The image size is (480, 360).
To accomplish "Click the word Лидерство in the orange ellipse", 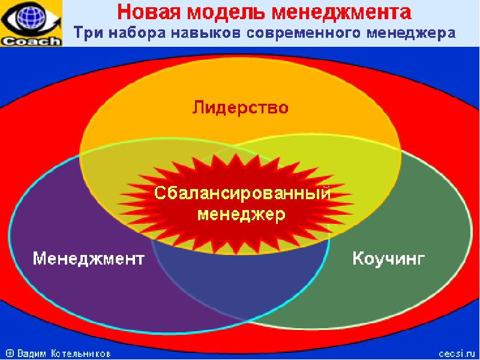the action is point(241,108).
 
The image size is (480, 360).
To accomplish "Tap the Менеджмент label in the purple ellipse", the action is point(88,259).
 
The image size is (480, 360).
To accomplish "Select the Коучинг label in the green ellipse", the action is point(388,259).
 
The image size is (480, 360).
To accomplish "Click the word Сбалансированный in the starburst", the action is point(242,193).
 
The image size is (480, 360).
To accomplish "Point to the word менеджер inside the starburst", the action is point(242,215).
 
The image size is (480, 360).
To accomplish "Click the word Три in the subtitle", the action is point(88,32).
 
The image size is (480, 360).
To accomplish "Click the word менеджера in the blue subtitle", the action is point(411,33).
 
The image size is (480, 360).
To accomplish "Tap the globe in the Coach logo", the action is point(30,18).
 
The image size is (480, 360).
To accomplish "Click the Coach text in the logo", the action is point(31,41).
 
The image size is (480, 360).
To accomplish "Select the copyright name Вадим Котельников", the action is point(64,353).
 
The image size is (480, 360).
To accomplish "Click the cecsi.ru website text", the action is point(457,353).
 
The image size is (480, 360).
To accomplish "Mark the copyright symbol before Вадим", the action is point(10,353).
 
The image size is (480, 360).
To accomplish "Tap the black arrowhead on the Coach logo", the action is point(56,22).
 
